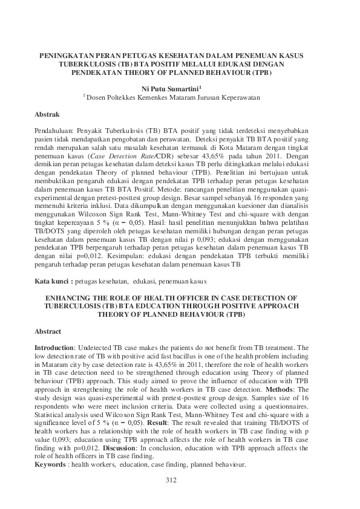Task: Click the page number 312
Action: coord(171,479)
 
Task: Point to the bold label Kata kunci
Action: coord(52,281)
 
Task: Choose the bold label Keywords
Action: coord(51,465)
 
